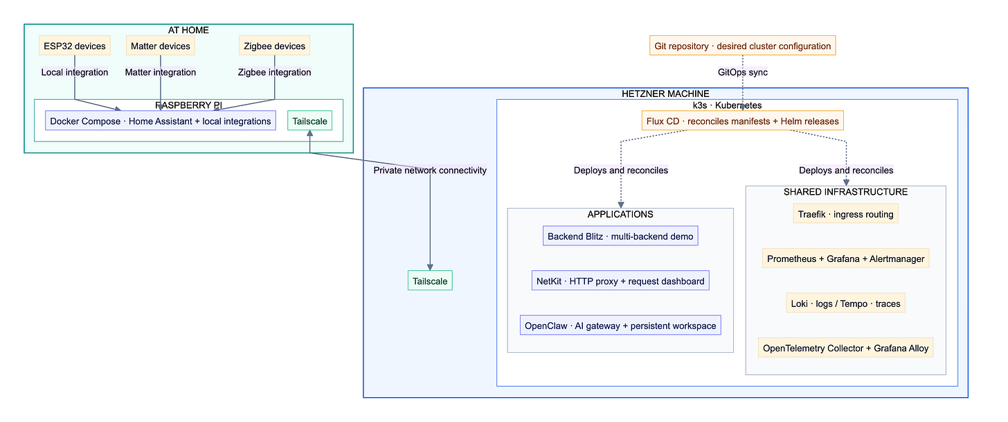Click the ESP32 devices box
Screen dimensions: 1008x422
click(75, 46)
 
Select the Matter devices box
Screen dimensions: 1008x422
click(160, 46)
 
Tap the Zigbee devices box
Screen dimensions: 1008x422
click(274, 46)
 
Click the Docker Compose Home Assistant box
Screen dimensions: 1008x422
click(161, 121)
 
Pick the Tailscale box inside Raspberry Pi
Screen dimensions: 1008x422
click(309, 121)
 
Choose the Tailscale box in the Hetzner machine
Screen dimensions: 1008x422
click(430, 281)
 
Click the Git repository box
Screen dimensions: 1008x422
click(742, 46)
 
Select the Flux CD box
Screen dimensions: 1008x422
click(742, 121)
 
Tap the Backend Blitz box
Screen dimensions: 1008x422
click(620, 236)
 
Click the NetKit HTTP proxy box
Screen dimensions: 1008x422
click(620, 281)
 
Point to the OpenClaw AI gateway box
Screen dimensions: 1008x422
click(620, 325)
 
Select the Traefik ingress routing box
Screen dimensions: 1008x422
click(845, 213)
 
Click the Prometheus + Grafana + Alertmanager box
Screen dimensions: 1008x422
click(845, 258)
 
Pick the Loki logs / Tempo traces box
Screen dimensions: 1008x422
click(845, 303)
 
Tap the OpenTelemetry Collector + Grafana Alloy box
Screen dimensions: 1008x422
click(845, 348)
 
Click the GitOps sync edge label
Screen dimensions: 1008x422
click(742, 72)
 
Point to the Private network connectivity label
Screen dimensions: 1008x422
click(430, 170)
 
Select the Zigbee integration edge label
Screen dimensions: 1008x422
click(274, 72)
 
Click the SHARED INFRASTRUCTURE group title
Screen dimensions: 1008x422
click(845, 192)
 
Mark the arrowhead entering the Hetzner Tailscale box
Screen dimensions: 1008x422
click(430, 267)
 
